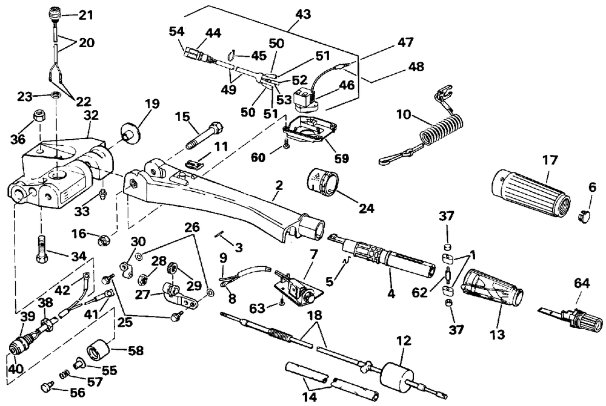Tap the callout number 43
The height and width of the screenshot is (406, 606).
click(x=302, y=15)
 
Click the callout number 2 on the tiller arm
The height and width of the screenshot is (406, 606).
click(x=279, y=185)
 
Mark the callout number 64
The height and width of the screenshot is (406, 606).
click(x=582, y=284)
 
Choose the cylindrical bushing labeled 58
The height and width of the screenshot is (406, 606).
click(x=97, y=347)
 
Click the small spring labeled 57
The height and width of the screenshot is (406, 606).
click(x=64, y=375)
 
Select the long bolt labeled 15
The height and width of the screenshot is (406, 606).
click(x=204, y=135)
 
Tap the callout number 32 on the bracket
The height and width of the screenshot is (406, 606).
click(x=92, y=115)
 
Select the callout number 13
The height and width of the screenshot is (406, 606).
click(x=497, y=334)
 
